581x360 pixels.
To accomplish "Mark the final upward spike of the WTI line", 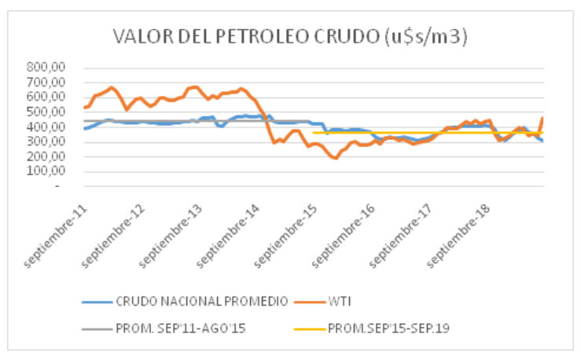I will (x=542, y=118).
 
